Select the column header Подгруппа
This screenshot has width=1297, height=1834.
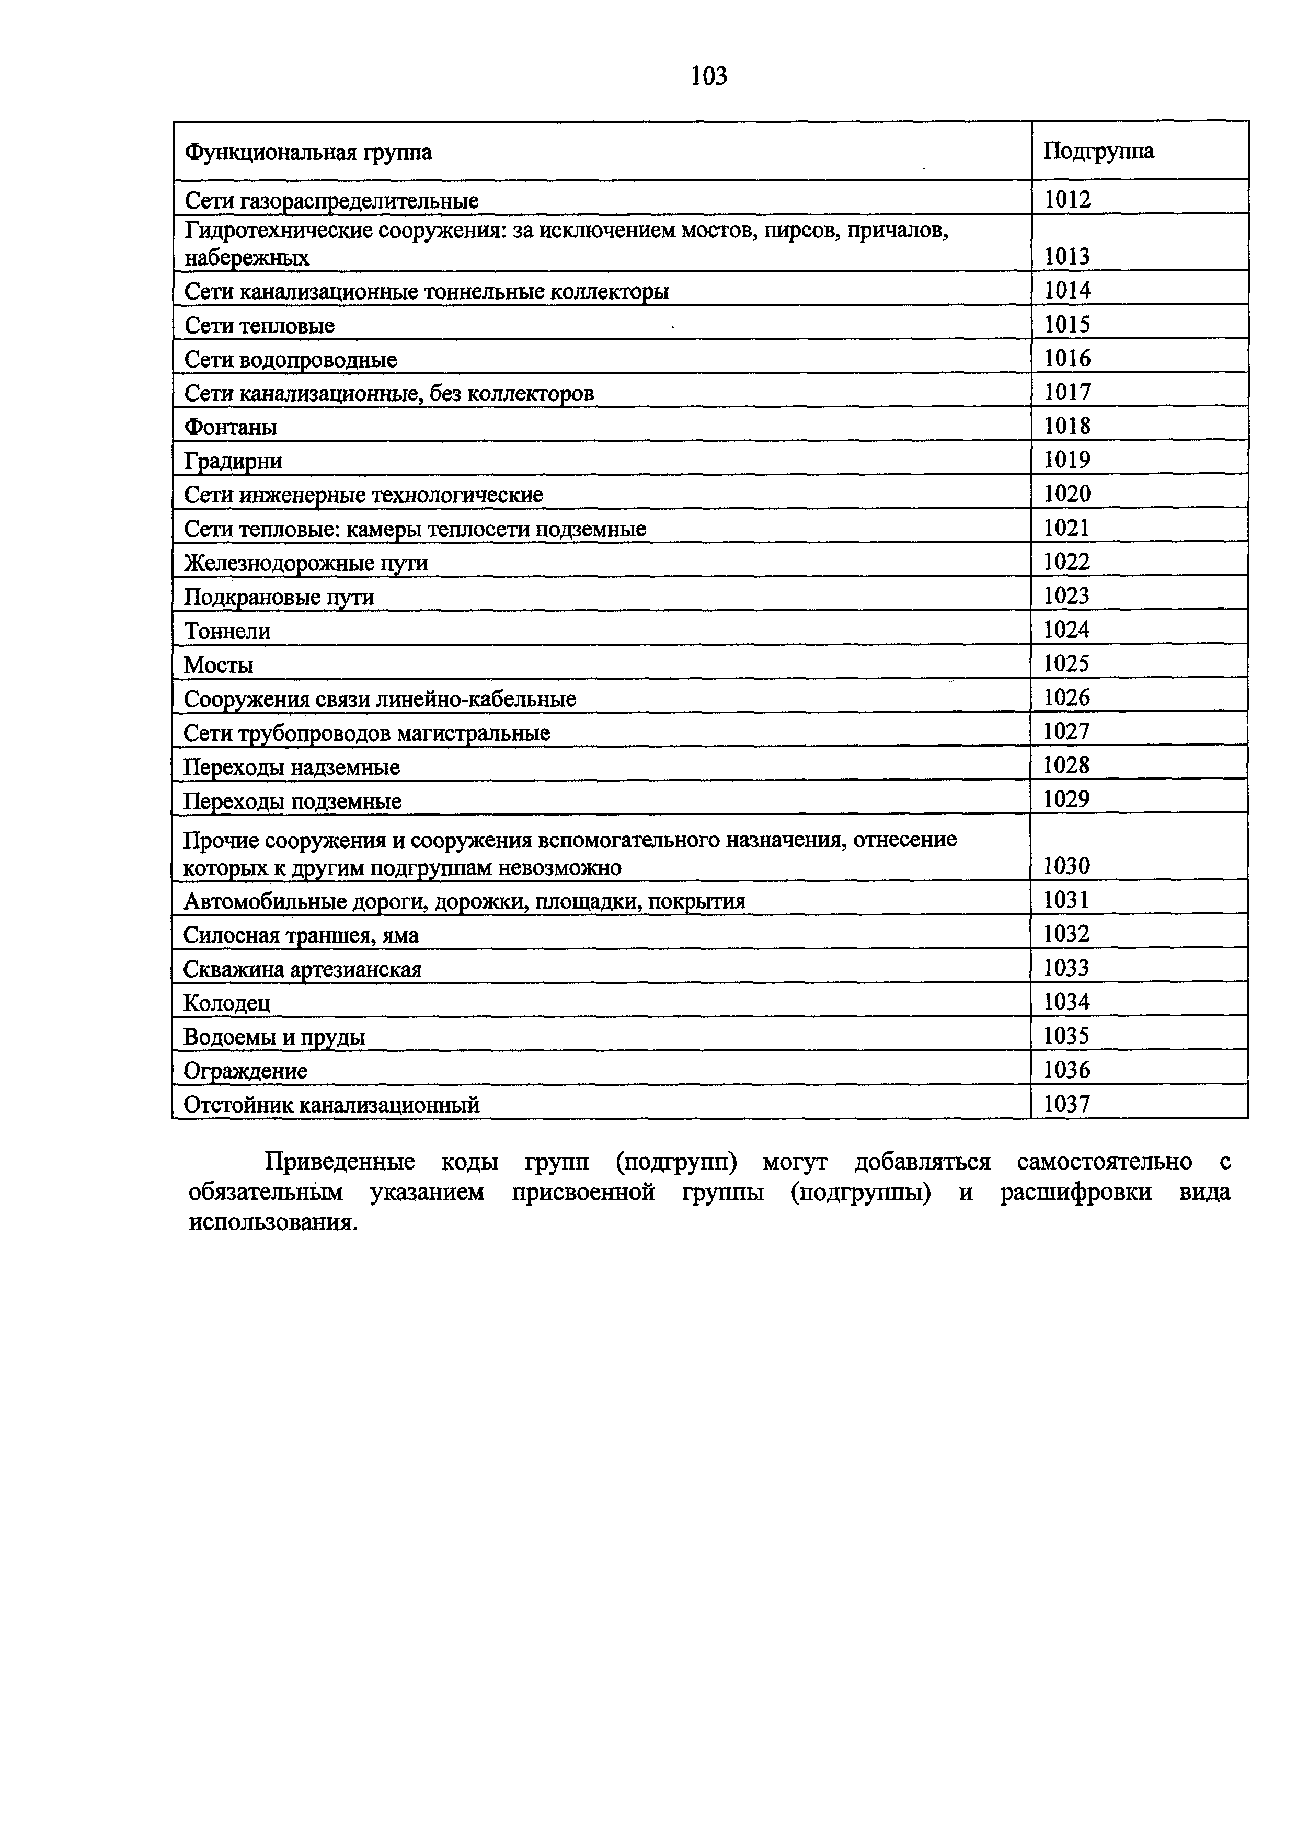pyautogui.click(x=1098, y=151)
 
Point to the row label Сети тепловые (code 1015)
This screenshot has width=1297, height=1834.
pyautogui.click(x=260, y=326)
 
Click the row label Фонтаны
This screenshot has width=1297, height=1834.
pyautogui.click(x=231, y=427)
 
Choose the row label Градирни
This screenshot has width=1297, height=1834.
pyautogui.click(x=233, y=462)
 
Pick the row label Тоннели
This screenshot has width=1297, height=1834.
pyautogui.click(x=227, y=631)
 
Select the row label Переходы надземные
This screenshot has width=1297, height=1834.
pyautogui.click(x=292, y=767)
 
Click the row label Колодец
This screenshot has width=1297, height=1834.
pyautogui.click(x=227, y=1002)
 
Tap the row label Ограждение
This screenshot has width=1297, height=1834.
pyautogui.click(x=245, y=1070)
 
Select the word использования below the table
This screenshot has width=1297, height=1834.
pyautogui.click(x=271, y=1222)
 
